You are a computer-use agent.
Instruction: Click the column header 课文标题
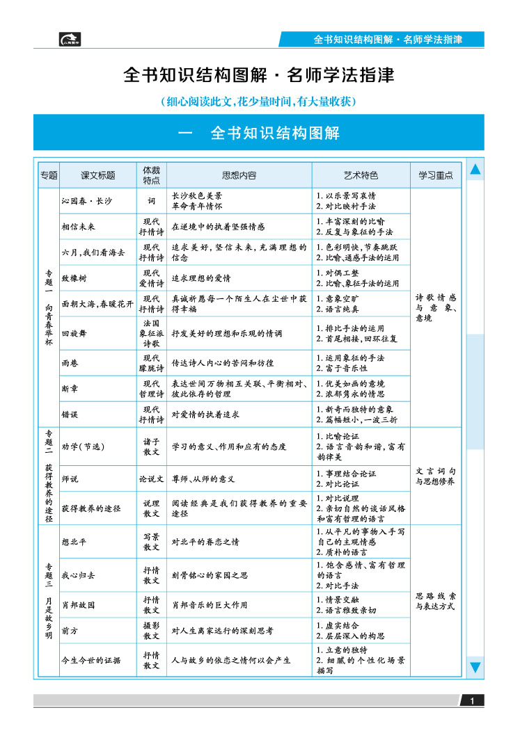[x=97, y=175]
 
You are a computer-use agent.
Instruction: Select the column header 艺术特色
[x=361, y=175]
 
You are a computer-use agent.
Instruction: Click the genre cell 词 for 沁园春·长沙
[x=151, y=201]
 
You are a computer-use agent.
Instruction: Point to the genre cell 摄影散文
[x=151, y=631]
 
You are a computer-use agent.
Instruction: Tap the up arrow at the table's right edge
[x=475, y=169]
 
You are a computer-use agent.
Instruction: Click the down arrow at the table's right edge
[x=475, y=668]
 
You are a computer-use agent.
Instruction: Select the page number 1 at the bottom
[x=472, y=701]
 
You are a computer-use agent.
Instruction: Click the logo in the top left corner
[x=70, y=39]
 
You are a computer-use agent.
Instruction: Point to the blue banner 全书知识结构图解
[x=258, y=133]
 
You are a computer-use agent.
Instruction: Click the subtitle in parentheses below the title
[x=258, y=102]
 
